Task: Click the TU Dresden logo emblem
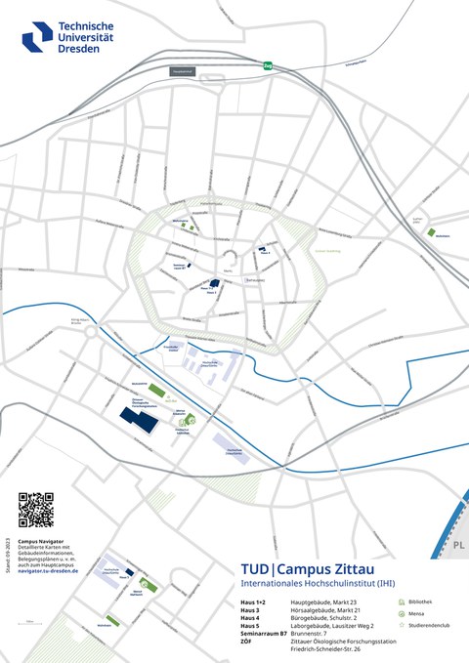tap(38, 36)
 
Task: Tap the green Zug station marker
tap(268, 66)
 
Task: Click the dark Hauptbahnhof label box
tap(183, 70)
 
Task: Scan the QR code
tap(35, 511)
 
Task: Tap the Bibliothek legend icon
tap(402, 602)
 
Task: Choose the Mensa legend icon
tap(402, 613)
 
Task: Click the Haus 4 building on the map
tap(262, 249)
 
